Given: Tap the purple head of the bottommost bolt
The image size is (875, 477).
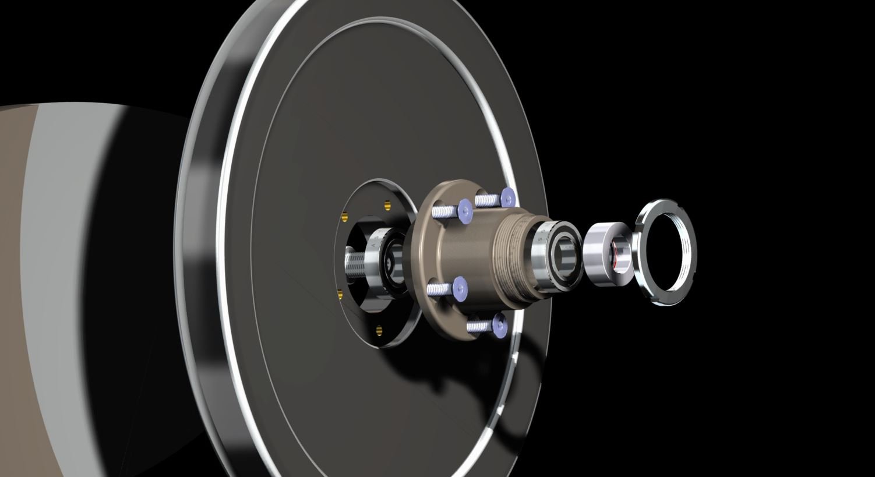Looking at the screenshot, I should click(x=500, y=324).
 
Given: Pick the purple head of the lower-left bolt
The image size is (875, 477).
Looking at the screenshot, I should click(x=460, y=286).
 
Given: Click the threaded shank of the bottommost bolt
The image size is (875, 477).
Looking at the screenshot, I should click(x=479, y=327).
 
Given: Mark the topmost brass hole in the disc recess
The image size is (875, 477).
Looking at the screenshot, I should click(x=387, y=204).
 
